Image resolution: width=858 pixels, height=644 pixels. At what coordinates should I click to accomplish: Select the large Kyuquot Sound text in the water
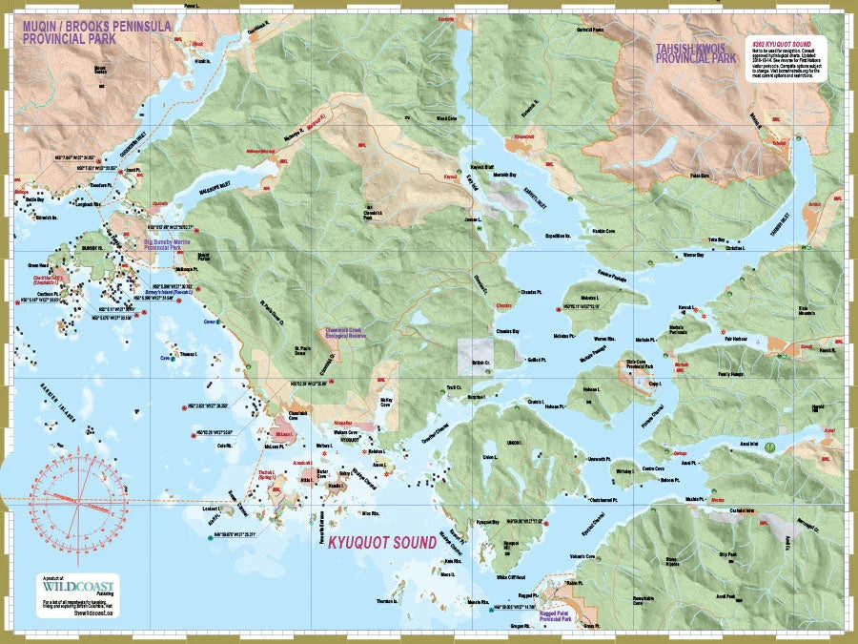click(x=381, y=543)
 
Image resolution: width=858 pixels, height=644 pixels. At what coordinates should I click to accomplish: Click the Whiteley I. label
click(x=624, y=470)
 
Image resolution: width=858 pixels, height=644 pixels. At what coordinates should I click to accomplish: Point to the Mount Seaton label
click(x=99, y=69)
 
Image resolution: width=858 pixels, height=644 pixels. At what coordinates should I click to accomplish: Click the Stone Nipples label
click(x=677, y=561)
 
